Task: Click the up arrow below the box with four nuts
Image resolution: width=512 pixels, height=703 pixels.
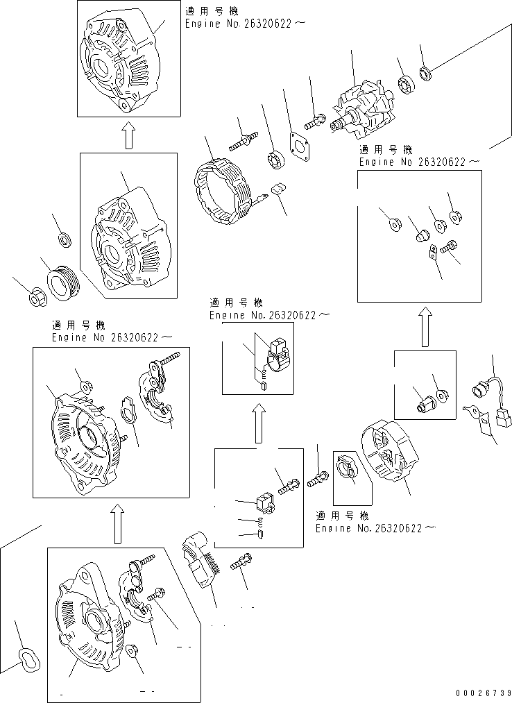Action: (x=425, y=327)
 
